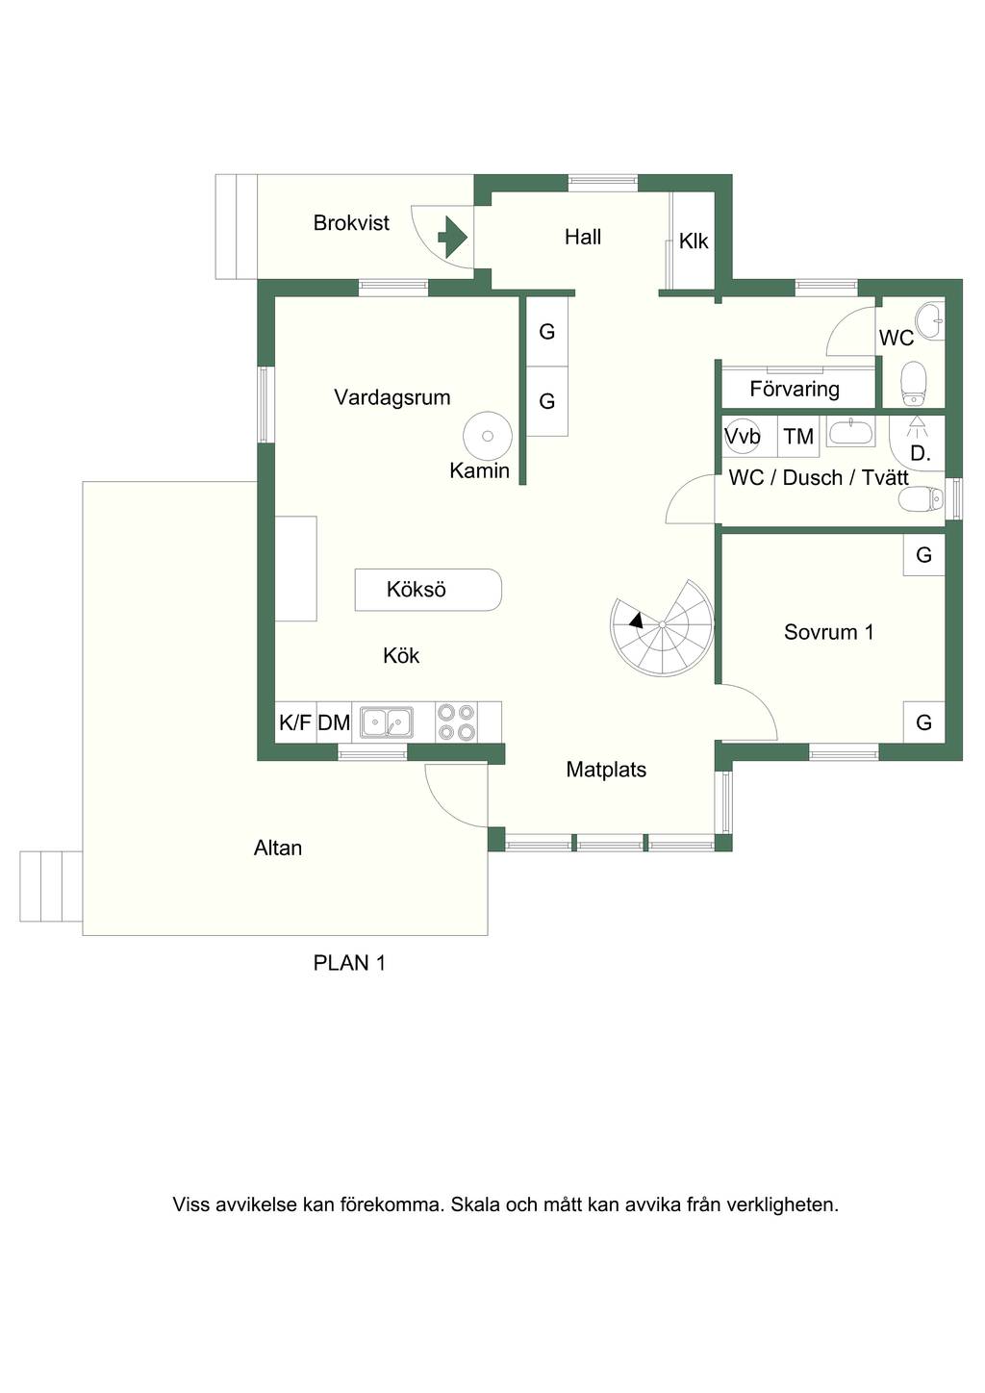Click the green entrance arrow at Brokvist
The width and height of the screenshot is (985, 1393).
453,237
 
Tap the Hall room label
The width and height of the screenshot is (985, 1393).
583,237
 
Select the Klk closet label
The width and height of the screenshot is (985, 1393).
694,241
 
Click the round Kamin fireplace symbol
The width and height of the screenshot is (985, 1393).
488,436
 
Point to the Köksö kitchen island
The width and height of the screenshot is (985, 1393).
428,590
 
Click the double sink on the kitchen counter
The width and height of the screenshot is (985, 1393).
386,722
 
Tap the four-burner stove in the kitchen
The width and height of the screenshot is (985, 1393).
457,722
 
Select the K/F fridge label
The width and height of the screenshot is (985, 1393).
295,722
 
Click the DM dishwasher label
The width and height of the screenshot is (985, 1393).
334,722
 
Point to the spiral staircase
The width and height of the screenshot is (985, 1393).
662,628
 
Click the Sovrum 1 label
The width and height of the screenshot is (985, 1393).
829,632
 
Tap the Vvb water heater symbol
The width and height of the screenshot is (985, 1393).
743,436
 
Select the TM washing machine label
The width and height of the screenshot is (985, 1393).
798,437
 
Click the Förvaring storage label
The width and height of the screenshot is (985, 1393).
795,390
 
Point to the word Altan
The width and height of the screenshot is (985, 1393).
278,848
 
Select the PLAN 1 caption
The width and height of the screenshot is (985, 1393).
349,963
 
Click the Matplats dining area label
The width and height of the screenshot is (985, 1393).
606,770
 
